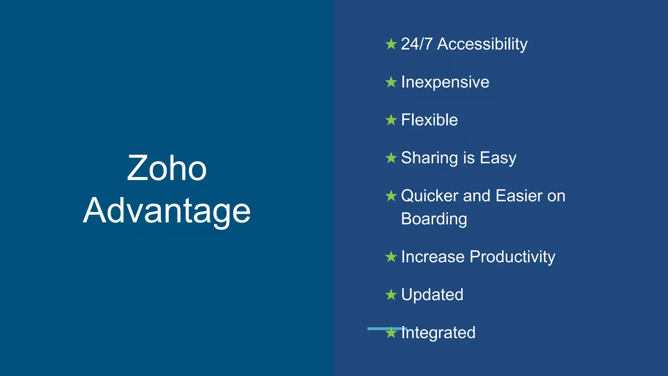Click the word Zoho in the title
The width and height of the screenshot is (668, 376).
[167, 168]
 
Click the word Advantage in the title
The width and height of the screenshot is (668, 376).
[167, 211]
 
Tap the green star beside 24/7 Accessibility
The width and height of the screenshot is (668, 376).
[391, 44]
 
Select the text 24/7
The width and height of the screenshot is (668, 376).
[417, 44]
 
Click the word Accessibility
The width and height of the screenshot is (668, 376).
[482, 44]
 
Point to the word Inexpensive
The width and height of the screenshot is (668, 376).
[445, 82]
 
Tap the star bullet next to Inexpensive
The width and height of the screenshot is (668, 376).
[391, 82]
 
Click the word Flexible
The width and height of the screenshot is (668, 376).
[429, 120]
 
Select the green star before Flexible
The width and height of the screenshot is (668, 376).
[391, 120]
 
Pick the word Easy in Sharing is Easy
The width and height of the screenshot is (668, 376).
[498, 158]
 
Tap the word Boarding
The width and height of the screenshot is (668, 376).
[434, 219]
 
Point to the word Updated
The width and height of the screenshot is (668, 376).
[432, 295]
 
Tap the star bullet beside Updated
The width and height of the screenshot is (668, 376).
[391, 295]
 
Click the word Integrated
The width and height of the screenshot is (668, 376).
[439, 333]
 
